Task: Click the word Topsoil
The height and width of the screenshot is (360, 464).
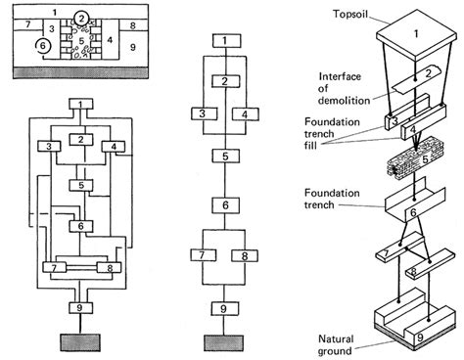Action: coord(350,15)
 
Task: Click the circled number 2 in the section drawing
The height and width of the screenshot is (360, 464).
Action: coord(81,19)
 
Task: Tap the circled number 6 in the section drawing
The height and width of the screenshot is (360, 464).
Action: coord(43,46)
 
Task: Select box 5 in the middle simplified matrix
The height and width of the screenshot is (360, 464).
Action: coord(225,157)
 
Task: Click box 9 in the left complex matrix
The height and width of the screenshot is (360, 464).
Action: coord(80,308)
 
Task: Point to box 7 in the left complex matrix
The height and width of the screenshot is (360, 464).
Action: coord(55,268)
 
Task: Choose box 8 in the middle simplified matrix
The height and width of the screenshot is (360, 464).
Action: coord(245,256)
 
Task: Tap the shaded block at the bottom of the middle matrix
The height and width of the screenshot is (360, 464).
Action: coord(223,343)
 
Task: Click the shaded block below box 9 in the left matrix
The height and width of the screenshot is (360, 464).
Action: coord(80,342)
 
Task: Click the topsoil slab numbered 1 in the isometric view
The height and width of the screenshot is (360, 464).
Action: coord(416,36)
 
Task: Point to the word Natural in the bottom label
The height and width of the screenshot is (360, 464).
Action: coord(336,338)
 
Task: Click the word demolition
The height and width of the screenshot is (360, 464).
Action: coord(344,100)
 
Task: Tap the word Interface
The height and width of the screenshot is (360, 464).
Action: coord(340,76)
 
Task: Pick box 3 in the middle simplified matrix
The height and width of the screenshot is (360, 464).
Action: coord(204,113)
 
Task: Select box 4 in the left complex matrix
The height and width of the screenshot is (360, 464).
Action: coord(114,147)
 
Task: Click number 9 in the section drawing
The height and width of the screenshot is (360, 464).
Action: coord(133,47)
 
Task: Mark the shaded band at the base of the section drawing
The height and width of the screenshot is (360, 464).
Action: coord(80,73)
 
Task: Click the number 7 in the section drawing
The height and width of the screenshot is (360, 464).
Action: coord(27,24)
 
